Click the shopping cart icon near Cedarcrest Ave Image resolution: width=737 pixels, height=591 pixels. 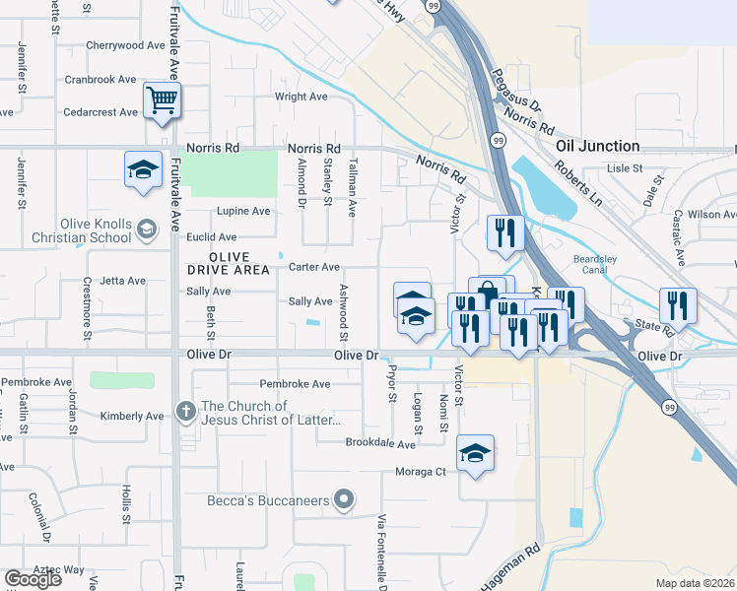(162, 98)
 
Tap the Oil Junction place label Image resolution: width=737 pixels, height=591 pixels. (597, 146)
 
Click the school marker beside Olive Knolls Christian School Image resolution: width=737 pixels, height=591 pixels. (147, 230)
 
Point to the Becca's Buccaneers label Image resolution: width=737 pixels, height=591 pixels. (267, 501)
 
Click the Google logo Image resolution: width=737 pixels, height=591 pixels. (33, 579)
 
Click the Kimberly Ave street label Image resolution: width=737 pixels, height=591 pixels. (132, 417)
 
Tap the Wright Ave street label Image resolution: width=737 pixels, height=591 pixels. (301, 97)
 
